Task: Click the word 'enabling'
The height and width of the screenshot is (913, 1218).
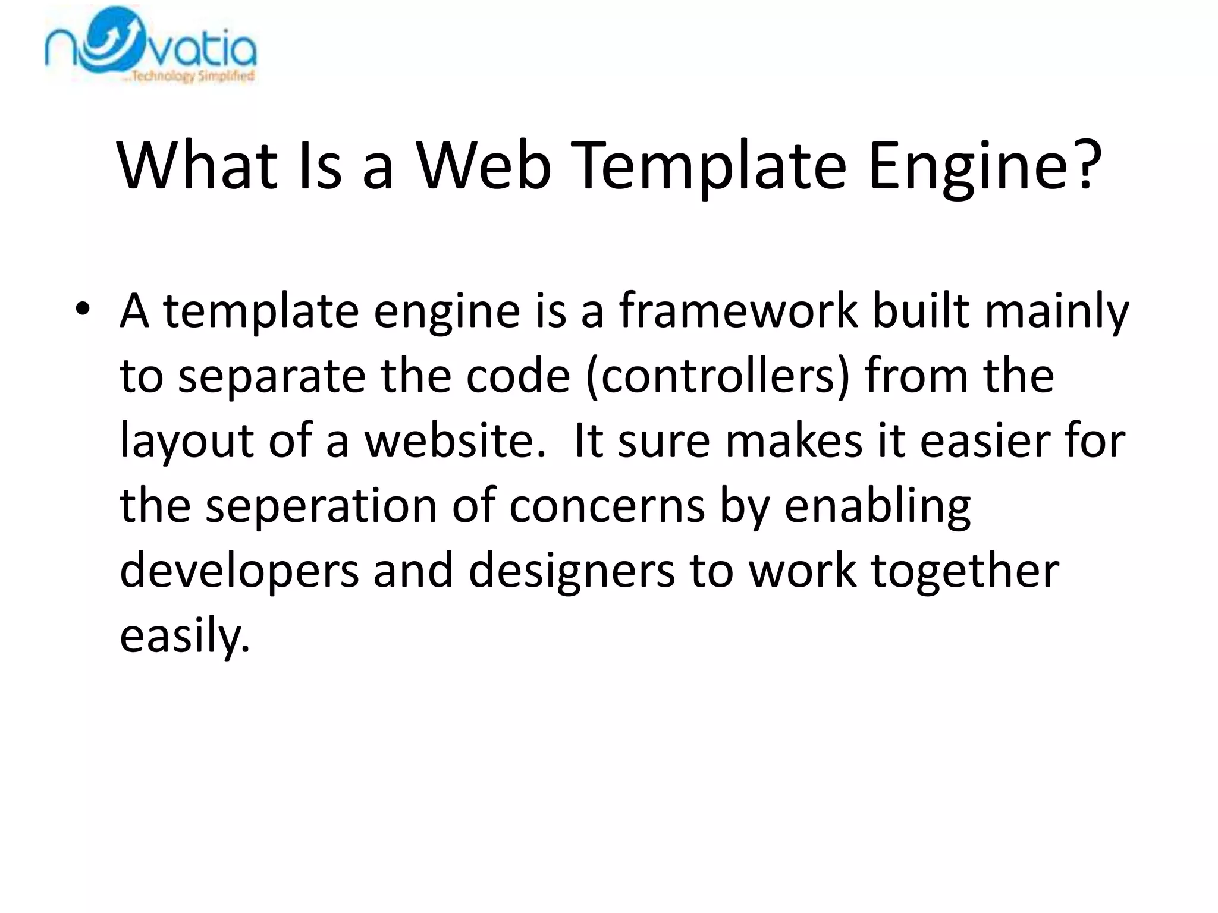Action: point(877,508)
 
